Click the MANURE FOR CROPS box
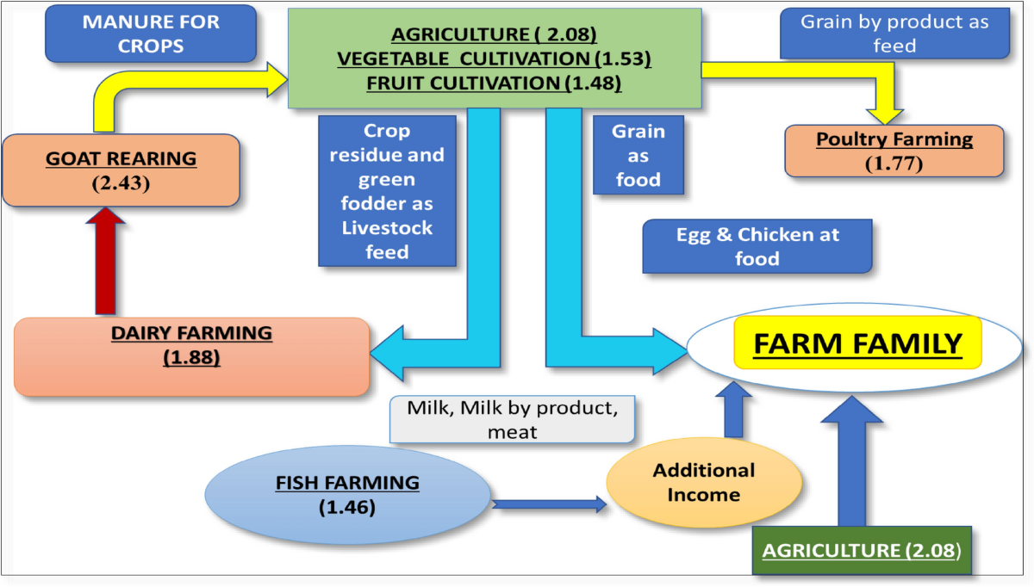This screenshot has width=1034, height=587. [151, 34]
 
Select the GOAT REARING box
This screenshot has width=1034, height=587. [121, 170]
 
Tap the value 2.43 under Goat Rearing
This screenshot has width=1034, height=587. [121, 183]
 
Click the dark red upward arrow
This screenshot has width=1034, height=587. [105, 262]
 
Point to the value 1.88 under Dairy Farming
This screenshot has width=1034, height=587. [191, 356]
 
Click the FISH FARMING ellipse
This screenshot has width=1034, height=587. [347, 495]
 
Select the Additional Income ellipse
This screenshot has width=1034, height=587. [703, 483]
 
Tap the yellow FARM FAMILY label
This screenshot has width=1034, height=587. [857, 343]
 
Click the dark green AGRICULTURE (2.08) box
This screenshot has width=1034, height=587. [861, 549]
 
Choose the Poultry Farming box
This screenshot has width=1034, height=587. [894, 150]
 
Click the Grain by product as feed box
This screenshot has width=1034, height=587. [894, 34]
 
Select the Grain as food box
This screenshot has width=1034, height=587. [638, 156]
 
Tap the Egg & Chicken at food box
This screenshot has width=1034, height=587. [757, 246]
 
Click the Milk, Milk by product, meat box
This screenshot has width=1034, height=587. [512, 419]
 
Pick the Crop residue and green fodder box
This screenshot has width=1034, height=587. [387, 192]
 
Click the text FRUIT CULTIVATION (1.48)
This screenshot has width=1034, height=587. [494, 83]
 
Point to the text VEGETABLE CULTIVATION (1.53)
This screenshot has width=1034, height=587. [494, 59]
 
